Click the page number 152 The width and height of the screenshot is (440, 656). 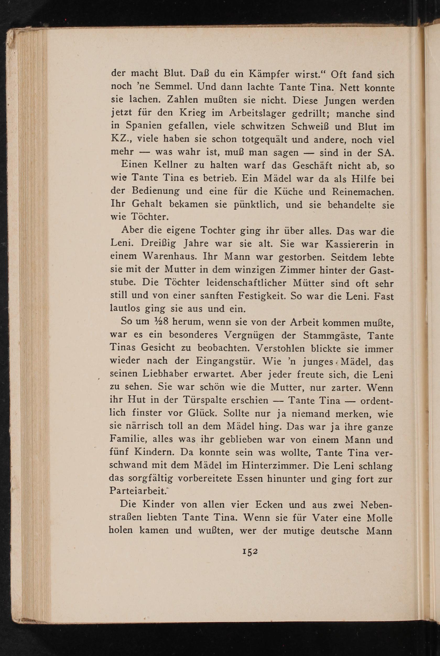250,551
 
